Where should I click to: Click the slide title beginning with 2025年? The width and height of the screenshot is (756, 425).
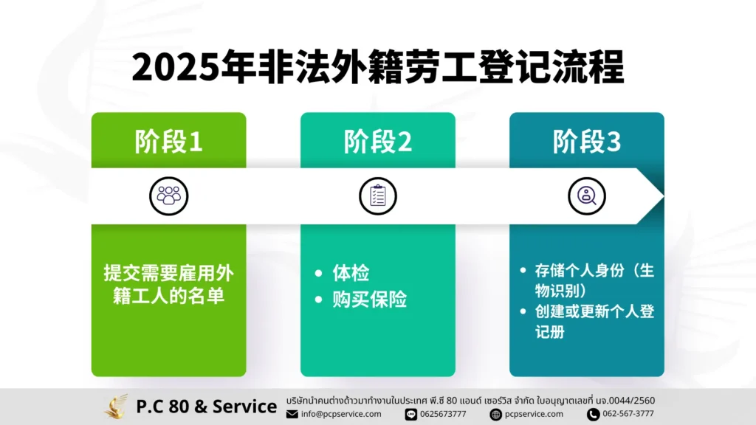[x=378, y=67]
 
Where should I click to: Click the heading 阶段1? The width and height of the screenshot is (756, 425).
[x=168, y=142]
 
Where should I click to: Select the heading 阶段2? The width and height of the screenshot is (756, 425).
[x=377, y=142]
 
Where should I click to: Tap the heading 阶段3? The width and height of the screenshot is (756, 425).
[x=586, y=142]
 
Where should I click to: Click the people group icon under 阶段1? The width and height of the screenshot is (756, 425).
[x=169, y=196]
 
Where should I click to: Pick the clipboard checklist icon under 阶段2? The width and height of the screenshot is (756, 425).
[x=377, y=196]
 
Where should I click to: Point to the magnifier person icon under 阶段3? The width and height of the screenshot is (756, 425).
[x=586, y=196]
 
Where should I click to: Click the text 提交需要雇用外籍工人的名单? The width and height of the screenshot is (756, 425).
[x=169, y=284]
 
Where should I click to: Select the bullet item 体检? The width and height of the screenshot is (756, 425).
[x=351, y=273]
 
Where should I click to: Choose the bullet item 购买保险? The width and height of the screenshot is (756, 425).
[x=369, y=300]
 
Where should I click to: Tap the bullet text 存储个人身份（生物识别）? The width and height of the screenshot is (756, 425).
[x=594, y=280]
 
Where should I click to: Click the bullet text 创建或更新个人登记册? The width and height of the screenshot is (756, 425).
[x=594, y=322]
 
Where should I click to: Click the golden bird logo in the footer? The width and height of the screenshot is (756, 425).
[x=116, y=407]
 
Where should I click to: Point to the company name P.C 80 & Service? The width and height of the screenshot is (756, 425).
[x=207, y=407]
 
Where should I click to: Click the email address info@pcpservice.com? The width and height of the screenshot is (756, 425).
[x=341, y=414]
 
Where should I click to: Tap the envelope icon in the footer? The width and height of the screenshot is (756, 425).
[x=292, y=414]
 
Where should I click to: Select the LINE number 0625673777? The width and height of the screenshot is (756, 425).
[x=443, y=414]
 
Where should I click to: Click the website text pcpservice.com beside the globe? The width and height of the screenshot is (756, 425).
[x=534, y=414]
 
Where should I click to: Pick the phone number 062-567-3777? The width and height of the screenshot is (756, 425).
[x=628, y=414]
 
